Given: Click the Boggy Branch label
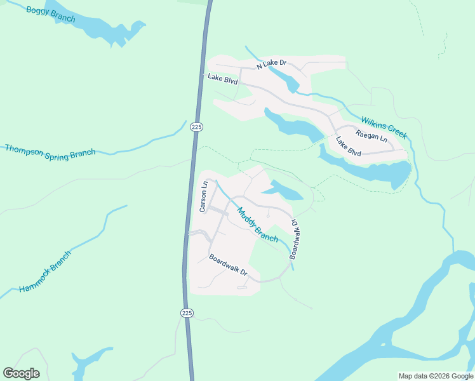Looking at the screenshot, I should pyautogui.click(x=51, y=13).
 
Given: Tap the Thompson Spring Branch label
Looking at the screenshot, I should pyautogui.click(x=50, y=151).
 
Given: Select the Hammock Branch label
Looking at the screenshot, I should pyautogui.click(x=45, y=271).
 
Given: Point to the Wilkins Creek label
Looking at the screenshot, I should pyautogui.click(x=384, y=127).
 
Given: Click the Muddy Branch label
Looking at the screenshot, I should pyautogui.click(x=257, y=225).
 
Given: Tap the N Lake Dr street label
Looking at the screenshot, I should pyautogui.click(x=272, y=64).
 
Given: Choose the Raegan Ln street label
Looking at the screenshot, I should pyautogui.click(x=371, y=135).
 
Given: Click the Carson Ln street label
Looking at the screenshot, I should pyautogui.click(x=204, y=197).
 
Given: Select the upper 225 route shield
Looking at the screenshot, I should pyautogui.click(x=196, y=127).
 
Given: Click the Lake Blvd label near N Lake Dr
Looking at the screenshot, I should pyautogui.click(x=222, y=79).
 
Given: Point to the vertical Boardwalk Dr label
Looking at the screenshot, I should pyautogui.click(x=295, y=239).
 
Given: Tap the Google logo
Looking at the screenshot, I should pyautogui.click(x=21, y=373).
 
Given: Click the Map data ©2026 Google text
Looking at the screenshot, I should pyautogui.click(x=436, y=376).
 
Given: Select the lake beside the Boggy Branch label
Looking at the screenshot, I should pyautogui.click(x=108, y=29).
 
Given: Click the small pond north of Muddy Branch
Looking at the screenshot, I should pyautogui.click(x=283, y=190).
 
